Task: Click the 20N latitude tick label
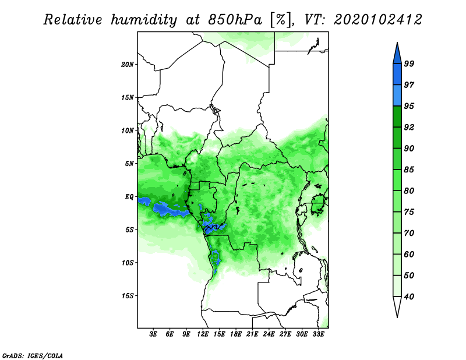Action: pyautogui.click(x=127, y=64)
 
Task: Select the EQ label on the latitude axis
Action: pyautogui.click(x=129, y=197)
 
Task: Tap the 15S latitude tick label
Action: pyautogui.click(x=127, y=296)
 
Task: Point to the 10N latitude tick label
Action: pyautogui.click(x=127, y=130)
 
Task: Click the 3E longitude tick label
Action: pyautogui.click(x=153, y=334)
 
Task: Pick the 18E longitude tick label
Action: pyautogui.click(x=236, y=334)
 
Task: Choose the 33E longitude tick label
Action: pyautogui.click(x=318, y=334)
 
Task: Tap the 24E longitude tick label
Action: pyautogui.click(x=269, y=334)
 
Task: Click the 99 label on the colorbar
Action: pyautogui.click(x=409, y=63)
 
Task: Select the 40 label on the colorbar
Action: pyautogui.click(x=409, y=297)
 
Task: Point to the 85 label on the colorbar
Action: pyautogui.click(x=409, y=170)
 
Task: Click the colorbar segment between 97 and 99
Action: pyautogui.click(x=397, y=75)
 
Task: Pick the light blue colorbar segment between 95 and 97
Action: pyautogui.click(x=397, y=96)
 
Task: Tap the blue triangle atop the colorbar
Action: pyautogui.click(x=397, y=55)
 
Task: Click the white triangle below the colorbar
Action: pyautogui.click(x=397, y=306)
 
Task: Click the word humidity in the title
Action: pyautogui.click(x=144, y=20)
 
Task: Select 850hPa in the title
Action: pyautogui.click(x=235, y=20)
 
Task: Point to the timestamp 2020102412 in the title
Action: pyautogui.click(x=378, y=20)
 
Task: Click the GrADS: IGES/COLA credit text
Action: pyautogui.click(x=33, y=355)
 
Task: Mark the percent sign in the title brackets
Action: pyautogui.click(x=281, y=20)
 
